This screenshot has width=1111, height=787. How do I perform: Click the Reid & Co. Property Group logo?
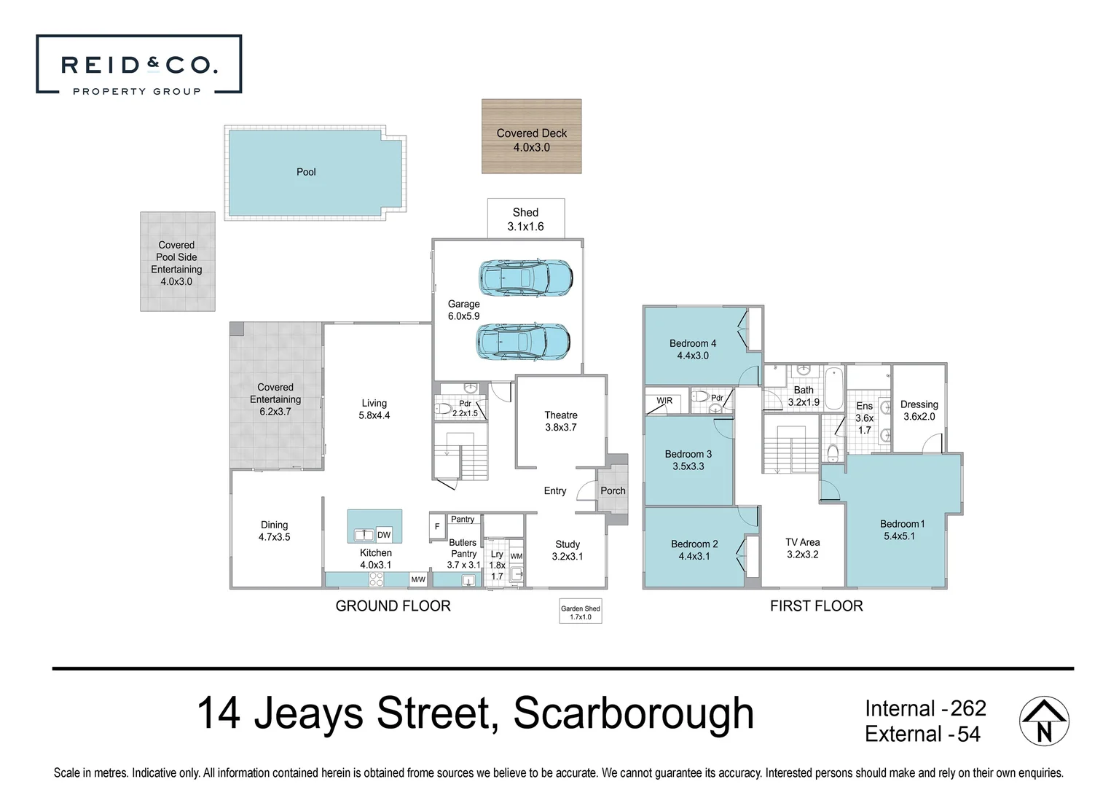[138, 65]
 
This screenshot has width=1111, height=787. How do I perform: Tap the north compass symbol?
[1043, 721]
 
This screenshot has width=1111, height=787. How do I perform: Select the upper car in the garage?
[525, 278]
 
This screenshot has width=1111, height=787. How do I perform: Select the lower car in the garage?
[523, 342]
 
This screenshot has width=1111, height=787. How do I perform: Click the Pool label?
[306, 172]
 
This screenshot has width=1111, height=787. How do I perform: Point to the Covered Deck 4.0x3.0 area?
[531, 137]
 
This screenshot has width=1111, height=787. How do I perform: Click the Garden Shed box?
[581, 612]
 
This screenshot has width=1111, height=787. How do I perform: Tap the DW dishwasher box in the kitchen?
[384, 535]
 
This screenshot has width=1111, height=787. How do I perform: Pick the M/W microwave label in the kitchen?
[418, 580]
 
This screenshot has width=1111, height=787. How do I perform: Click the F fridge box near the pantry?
[437, 526]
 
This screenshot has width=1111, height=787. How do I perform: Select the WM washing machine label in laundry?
[516, 556]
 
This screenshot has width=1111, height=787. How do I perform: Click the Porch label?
[613, 490]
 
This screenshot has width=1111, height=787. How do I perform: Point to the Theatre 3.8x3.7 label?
[560, 421]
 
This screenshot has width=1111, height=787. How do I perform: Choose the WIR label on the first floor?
[664, 401]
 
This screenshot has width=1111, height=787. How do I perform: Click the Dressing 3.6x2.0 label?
[919, 410]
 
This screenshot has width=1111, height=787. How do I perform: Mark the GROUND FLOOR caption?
[393, 606]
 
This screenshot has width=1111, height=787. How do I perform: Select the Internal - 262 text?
[924, 708]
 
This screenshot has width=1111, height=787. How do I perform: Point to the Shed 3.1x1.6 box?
[525, 219]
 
